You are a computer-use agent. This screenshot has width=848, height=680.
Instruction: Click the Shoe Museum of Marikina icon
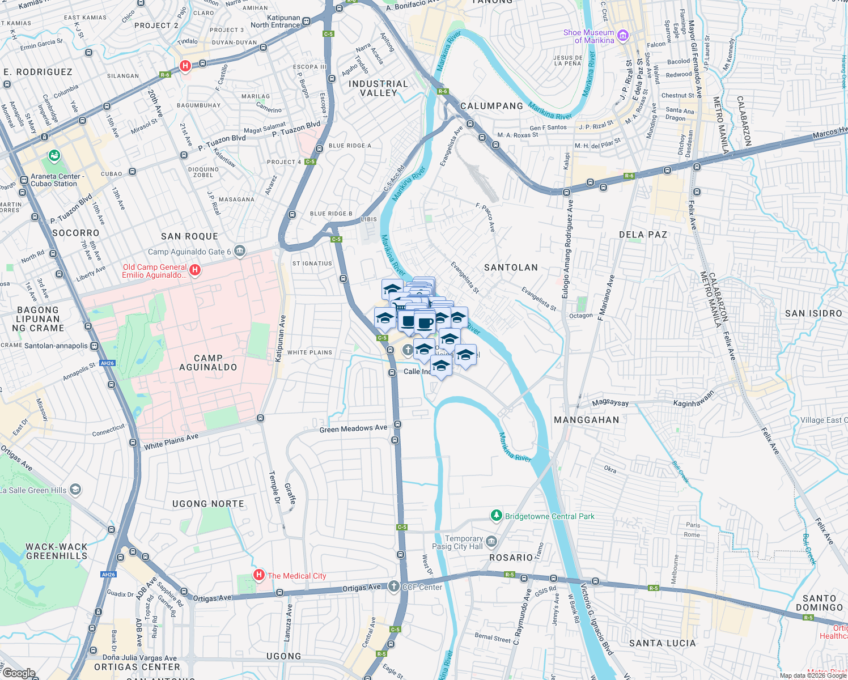tap(622, 36)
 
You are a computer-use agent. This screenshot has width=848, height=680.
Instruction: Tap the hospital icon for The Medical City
tap(259, 576)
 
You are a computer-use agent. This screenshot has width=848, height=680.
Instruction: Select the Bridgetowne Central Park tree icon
tap(497, 516)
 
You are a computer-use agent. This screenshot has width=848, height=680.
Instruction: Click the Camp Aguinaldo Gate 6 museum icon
tap(240, 251)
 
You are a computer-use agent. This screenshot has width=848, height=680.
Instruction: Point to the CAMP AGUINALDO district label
tap(208, 363)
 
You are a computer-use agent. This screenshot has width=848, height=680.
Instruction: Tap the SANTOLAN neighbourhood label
tap(511, 267)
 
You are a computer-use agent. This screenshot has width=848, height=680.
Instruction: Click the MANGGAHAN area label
tap(586, 420)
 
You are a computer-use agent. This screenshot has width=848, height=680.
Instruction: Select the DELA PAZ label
tap(643, 235)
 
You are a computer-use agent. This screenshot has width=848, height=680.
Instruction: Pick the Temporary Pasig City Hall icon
tap(491, 542)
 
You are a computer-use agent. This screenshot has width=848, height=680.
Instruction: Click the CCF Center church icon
tap(394, 586)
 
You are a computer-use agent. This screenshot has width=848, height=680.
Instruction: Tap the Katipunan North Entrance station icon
tap(306, 22)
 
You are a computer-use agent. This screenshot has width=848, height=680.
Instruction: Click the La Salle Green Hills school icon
tap(75, 490)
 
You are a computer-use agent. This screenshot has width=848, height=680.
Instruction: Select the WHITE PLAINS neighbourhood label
tap(309, 352)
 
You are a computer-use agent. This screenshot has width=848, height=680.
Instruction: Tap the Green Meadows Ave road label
tap(353, 429)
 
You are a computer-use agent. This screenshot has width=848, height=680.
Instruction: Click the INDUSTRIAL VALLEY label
tap(378, 88)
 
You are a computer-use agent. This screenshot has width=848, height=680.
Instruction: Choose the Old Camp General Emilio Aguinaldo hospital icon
tap(195, 270)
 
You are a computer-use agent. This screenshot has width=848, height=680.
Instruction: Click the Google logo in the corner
tap(19, 673)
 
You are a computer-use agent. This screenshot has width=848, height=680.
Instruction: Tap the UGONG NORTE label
tap(208, 504)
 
